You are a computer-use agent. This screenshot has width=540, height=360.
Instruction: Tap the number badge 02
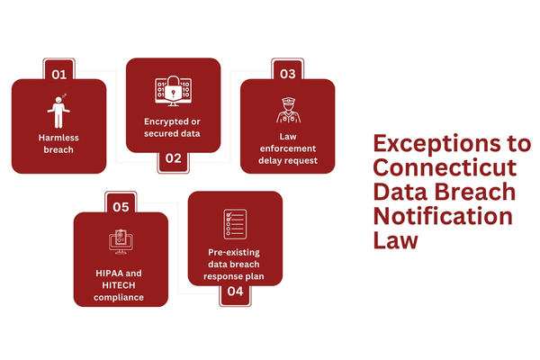click(173, 159)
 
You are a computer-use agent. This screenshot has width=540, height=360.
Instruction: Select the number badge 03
click(287, 74)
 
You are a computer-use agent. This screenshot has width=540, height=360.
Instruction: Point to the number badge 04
click(235, 291)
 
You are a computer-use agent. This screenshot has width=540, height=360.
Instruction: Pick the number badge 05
click(121, 207)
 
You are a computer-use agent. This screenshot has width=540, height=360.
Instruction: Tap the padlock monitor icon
click(173, 93)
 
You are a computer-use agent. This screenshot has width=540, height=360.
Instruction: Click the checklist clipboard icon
click(235, 223)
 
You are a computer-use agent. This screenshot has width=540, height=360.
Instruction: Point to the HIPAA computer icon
click(121, 244)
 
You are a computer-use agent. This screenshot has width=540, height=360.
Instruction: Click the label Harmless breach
click(58, 144)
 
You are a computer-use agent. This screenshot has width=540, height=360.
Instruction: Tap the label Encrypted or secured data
click(173, 127)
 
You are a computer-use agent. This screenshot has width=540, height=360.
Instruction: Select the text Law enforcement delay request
click(287, 148)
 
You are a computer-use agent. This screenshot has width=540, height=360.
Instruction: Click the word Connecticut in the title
click(445, 168)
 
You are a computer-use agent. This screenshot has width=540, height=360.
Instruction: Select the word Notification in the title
click(443, 217)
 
